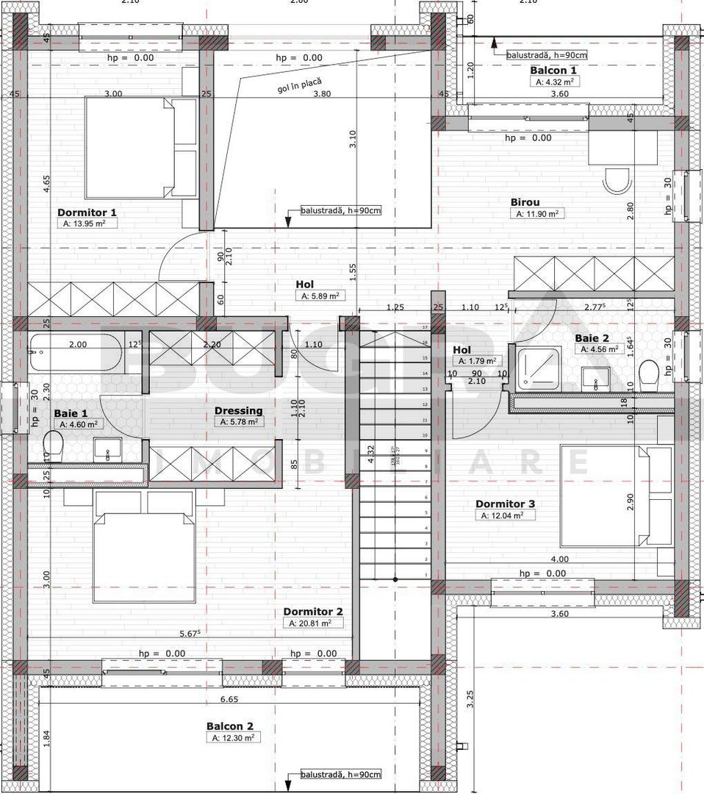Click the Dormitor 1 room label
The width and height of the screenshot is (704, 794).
pos(87,212)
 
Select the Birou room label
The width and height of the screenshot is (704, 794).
pos(525,202)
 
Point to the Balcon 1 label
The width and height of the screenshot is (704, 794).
pos(553,71)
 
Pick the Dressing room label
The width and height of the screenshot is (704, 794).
pos(238,410)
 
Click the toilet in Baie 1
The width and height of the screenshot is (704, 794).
pos(52,444)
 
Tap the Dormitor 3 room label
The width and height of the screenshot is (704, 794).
pos(505,504)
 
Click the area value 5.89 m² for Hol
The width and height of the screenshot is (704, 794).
pos(318,296)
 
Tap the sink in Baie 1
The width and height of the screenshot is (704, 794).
pos(109,449)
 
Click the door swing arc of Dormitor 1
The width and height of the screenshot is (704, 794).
pos(173,254)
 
